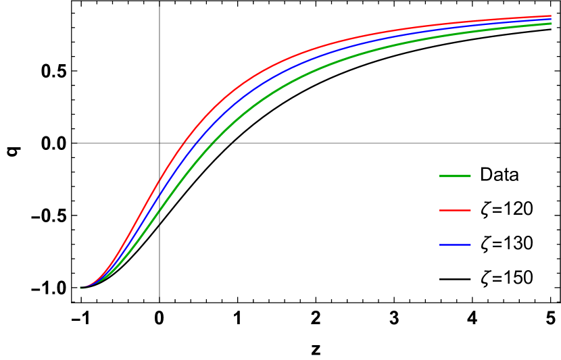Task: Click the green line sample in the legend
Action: point(455,176)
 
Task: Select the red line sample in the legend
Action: point(455,211)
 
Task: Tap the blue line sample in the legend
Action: point(455,245)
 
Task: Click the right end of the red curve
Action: point(551,16)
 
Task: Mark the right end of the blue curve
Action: point(551,19)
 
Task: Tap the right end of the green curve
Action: point(551,24)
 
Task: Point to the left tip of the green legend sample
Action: point(440,176)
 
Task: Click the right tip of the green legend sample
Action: point(470,176)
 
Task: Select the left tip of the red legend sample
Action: point(440,211)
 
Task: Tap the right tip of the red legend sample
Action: point(470,211)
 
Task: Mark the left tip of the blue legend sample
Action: point(440,245)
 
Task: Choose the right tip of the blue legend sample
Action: point(470,245)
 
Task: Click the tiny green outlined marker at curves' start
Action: point(82,288)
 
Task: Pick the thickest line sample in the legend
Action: point(455,176)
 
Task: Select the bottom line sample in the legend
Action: point(455,245)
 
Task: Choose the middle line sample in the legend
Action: point(455,211)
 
